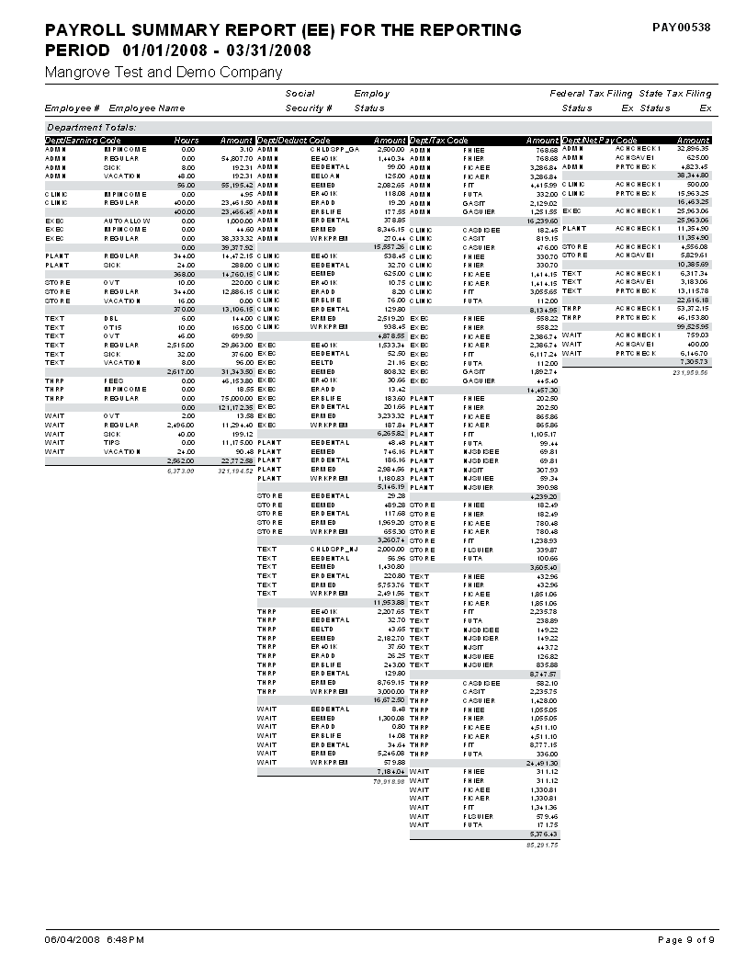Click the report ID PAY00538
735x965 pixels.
[x=681, y=28]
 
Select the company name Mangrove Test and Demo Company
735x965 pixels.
[x=164, y=73]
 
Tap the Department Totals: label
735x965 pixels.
[x=91, y=127]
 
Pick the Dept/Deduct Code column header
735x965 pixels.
[x=292, y=140]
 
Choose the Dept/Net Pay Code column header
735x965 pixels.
[x=599, y=140]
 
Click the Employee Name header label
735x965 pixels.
[x=147, y=108]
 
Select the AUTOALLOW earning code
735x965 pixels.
[x=127, y=221]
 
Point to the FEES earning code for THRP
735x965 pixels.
[x=114, y=380]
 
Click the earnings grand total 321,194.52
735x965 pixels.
[x=236, y=471]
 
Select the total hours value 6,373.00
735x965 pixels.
[x=181, y=471]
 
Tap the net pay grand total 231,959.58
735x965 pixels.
[x=693, y=372]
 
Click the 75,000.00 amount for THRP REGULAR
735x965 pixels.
[x=236, y=398]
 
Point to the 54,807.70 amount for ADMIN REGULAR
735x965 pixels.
[x=236, y=158]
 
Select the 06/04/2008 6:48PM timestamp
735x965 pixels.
[x=95, y=939]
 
